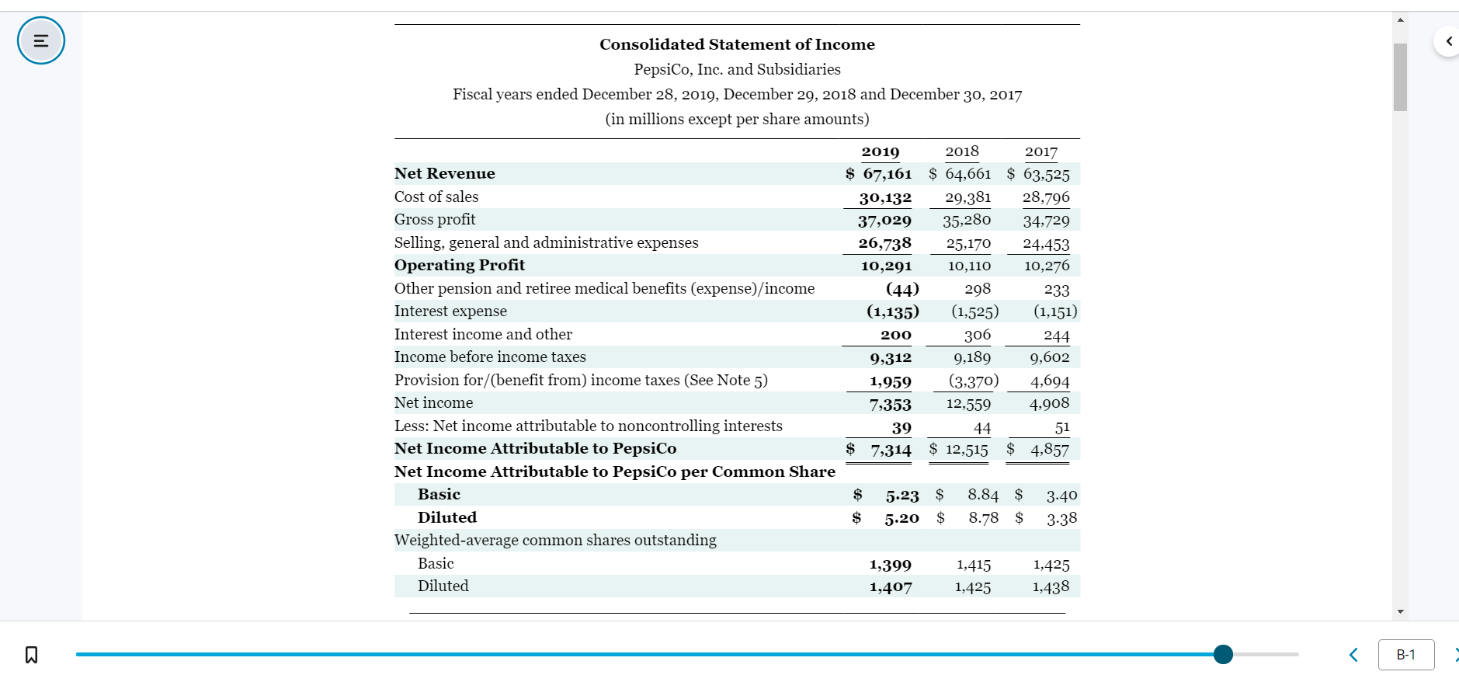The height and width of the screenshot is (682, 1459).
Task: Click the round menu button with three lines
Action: [41, 40]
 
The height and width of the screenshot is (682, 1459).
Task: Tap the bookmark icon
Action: [31, 655]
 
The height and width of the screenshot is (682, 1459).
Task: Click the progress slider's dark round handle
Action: [1223, 655]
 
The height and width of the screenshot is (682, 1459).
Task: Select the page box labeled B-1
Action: [1405, 655]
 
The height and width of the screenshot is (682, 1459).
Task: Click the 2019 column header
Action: [880, 151]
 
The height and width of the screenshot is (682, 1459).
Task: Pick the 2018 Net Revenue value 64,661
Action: [967, 174]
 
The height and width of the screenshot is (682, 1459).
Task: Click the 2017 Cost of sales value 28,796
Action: [1045, 197]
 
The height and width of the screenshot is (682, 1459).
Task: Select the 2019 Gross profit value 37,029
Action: [884, 220]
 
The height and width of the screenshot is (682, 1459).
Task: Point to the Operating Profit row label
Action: [460, 266]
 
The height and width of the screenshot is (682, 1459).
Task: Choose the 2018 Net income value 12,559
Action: [968, 403]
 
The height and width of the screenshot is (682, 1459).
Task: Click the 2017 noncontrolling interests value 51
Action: [1061, 427]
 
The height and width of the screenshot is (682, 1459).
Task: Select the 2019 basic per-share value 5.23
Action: [901, 495]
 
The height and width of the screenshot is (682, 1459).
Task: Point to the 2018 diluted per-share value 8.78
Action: [983, 518]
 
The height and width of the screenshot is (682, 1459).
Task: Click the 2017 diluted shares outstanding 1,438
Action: [1051, 587]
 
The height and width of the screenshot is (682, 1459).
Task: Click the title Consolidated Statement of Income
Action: [737, 44]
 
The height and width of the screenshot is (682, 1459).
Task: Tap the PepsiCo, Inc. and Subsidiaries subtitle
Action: [737, 69]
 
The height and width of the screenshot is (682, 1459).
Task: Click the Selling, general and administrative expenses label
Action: [546, 243]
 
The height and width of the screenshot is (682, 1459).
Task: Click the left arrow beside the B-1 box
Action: [1353, 655]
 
